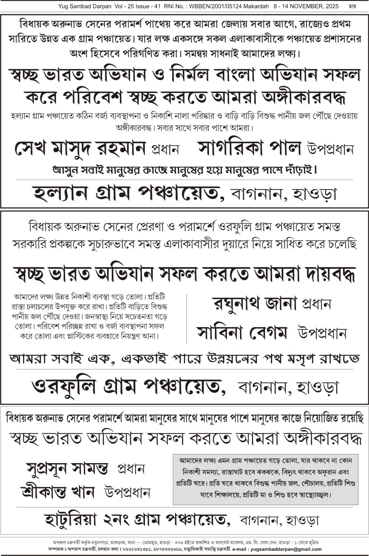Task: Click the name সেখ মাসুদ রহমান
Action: pos(80,148)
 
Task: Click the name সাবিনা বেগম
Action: pos(242,333)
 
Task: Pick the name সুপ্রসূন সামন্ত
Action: pos(67,468)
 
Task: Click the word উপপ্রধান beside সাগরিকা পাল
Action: pos(330,149)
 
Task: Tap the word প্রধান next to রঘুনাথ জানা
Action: pos(316,304)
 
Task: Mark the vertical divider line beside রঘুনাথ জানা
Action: pos(187,318)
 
